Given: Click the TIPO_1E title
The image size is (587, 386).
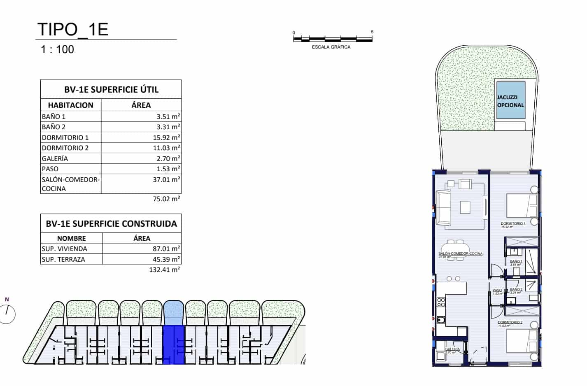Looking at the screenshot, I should (73, 29).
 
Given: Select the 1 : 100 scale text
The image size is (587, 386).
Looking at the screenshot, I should (58, 49).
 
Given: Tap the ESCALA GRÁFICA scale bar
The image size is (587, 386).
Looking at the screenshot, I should (333, 39).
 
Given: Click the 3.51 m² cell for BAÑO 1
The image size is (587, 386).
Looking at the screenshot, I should (168, 116).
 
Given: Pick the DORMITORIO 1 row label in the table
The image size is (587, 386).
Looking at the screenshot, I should (65, 137).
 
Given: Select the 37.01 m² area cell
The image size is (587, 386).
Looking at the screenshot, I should (168, 179).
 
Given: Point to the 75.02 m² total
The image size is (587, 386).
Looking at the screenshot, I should (167, 199).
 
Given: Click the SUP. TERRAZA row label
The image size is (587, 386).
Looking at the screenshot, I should (63, 259).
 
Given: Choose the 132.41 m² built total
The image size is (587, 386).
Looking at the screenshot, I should (165, 270).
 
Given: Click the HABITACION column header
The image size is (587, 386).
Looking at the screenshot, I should (71, 105).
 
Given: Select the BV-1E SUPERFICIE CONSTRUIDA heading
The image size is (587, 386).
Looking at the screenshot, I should (111, 224).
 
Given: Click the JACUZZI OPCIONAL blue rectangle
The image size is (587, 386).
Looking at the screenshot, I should (510, 101).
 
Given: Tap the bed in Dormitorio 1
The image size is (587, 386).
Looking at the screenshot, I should (521, 206).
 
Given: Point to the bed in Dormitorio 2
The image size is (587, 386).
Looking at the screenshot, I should (521, 341).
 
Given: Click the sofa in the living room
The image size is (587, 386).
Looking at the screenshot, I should (443, 208).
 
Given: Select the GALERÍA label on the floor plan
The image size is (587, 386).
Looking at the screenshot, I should (452, 349).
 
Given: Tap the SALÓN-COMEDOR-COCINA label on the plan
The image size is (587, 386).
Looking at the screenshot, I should (460, 253).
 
